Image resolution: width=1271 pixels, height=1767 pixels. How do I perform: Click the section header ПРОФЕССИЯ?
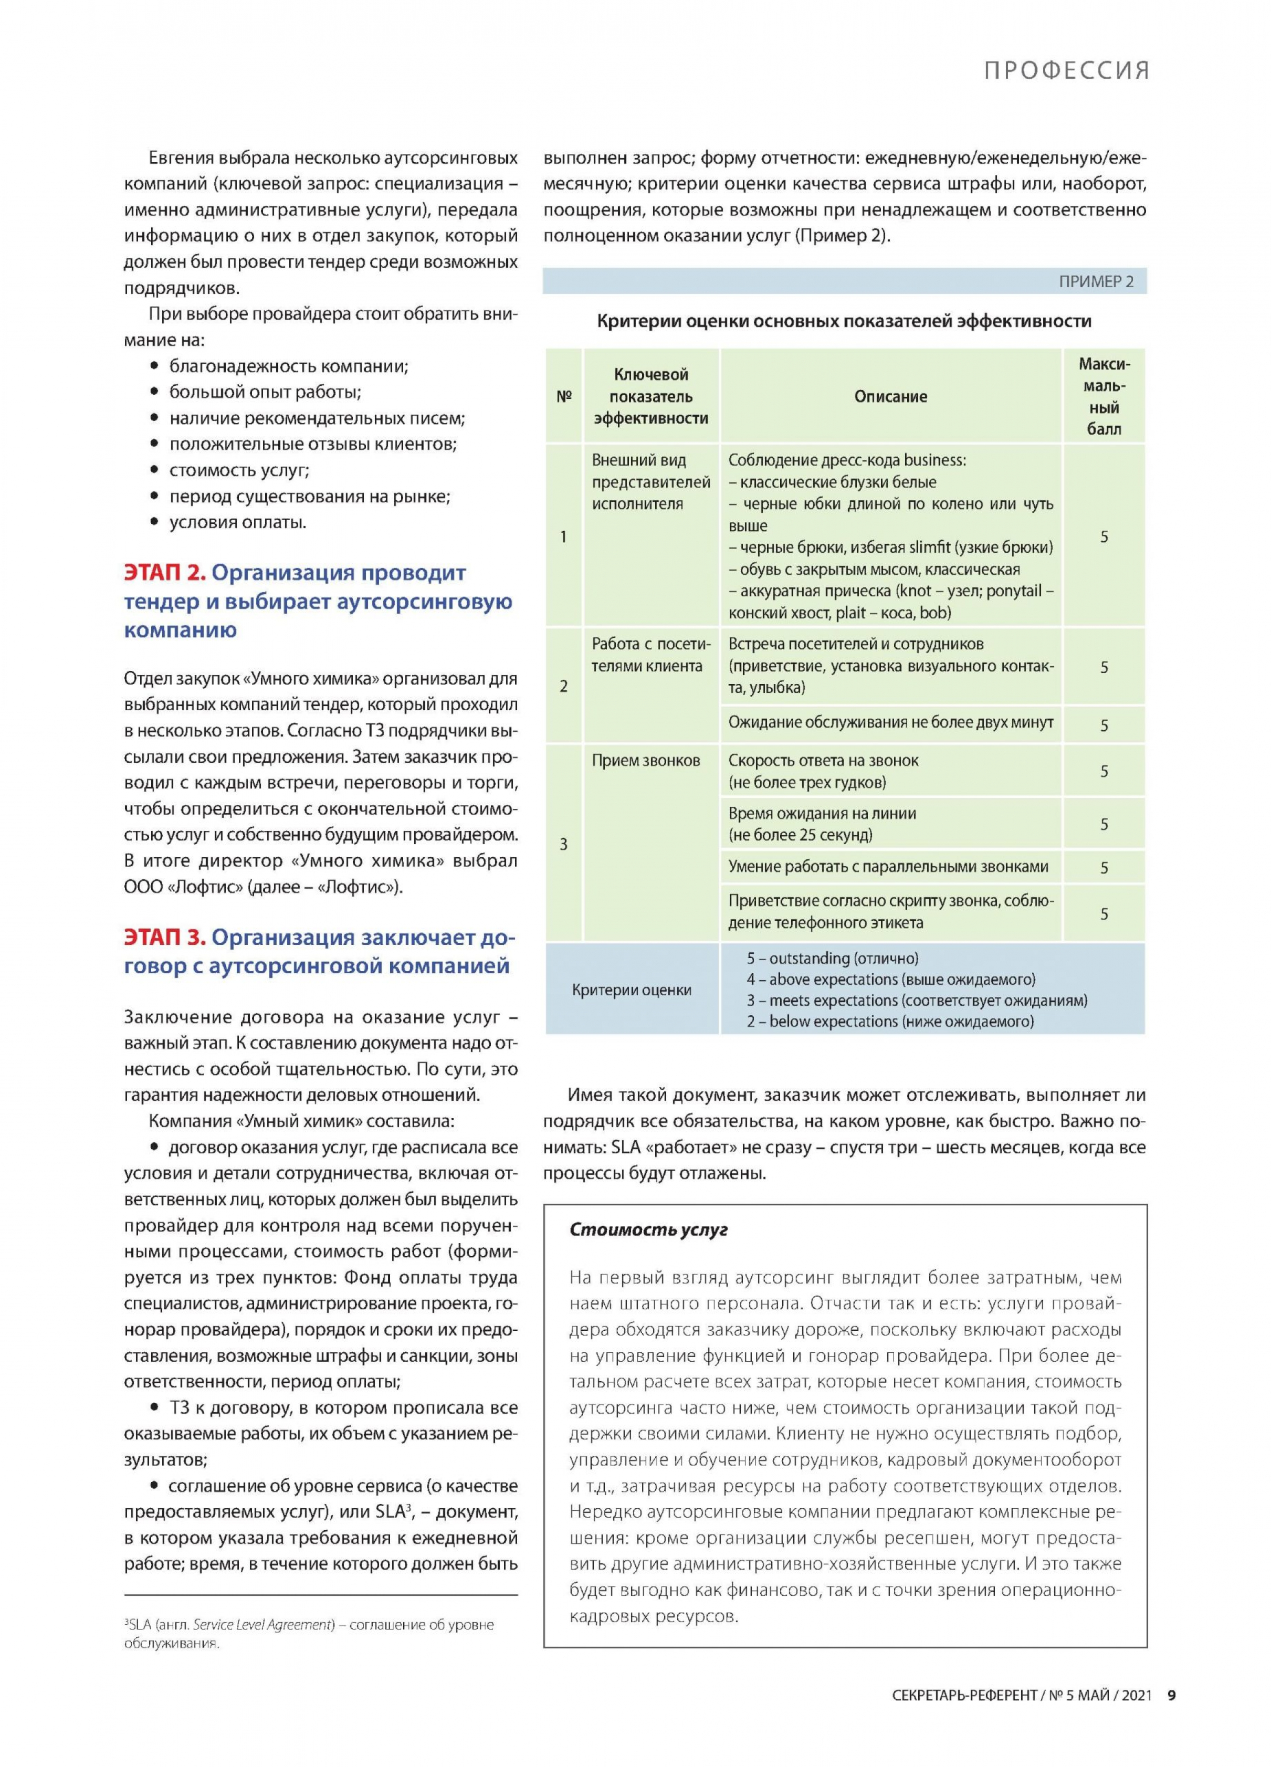click(x=1065, y=71)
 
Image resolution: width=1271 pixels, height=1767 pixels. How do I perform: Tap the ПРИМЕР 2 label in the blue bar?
click(x=1096, y=282)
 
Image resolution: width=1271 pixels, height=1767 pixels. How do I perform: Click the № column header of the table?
click(x=563, y=396)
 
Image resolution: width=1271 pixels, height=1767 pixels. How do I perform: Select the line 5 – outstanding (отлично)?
click(x=832, y=958)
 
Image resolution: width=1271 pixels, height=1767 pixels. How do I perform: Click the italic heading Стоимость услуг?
click(x=648, y=1230)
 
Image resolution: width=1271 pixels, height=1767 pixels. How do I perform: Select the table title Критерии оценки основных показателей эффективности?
click(x=844, y=321)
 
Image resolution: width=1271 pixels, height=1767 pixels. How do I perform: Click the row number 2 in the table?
click(x=563, y=687)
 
